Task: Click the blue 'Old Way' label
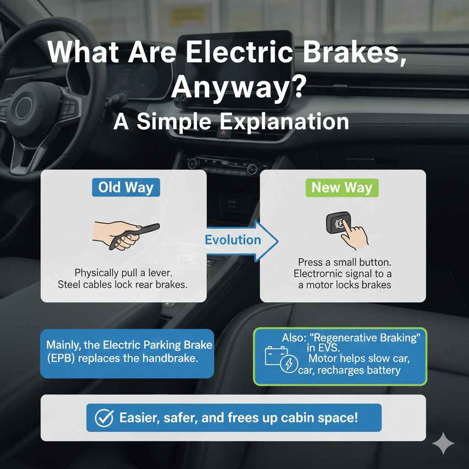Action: click(x=125, y=188)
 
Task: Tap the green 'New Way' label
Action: click(x=342, y=188)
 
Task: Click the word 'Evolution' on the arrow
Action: click(x=233, y=240)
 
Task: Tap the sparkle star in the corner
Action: click(x=443, y=443)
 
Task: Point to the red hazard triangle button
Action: click(x=223, y=132)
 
